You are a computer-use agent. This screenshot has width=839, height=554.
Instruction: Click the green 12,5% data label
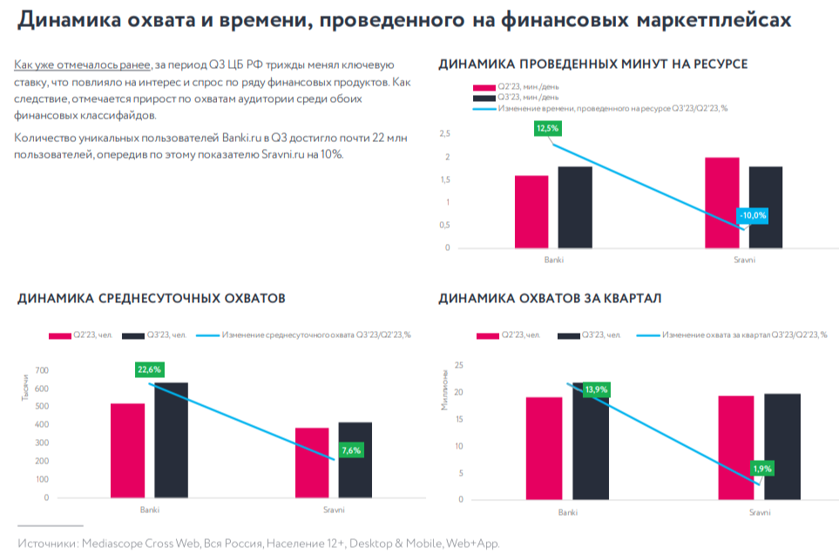tap(548, 128)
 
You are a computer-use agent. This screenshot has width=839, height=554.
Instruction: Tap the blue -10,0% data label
tap(753, 215)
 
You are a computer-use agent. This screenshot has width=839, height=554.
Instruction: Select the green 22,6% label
tap(149, 369)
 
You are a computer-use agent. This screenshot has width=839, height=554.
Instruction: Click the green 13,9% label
tap(596, 389)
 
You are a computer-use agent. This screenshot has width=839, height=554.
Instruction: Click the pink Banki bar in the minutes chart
tap(531, 212)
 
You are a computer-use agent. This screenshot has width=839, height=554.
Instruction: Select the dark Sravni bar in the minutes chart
tap(766, 207)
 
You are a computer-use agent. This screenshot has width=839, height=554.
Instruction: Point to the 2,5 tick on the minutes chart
tap(444, 134)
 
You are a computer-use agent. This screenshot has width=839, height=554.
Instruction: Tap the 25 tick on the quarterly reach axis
tap(458, 366)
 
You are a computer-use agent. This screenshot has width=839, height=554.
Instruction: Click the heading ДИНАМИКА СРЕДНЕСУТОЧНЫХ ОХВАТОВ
tap(152, 299)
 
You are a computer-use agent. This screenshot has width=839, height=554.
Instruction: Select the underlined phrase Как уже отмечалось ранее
tap(83, 65)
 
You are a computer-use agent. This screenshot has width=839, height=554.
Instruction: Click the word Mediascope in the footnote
tap(118, 543)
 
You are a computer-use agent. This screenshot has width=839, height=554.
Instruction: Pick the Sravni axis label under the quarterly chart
tap(759, 512)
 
